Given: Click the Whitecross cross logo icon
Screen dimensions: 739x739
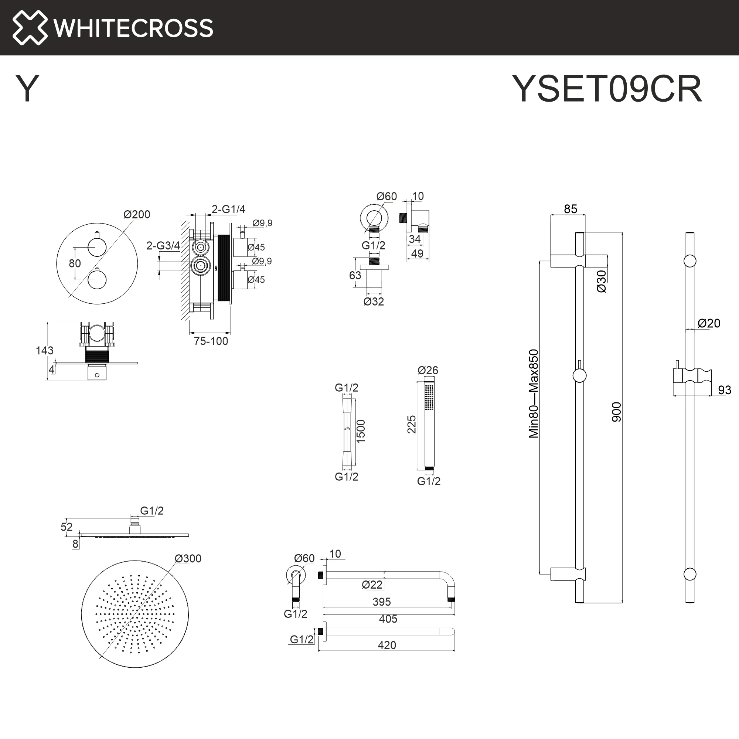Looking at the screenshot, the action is tap(30, 28).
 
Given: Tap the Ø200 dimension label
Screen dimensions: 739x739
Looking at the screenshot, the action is tap(137, 215).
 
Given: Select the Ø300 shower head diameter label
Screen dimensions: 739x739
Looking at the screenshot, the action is tap(188, 558).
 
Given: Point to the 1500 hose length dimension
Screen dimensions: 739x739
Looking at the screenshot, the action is tap(361, 432).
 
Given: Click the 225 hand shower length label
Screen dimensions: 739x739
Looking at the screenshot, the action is tap(411, 425).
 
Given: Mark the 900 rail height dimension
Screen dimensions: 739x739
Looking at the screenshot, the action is tap(617, 412).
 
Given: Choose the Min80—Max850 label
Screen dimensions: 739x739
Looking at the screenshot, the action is tap(534, 394).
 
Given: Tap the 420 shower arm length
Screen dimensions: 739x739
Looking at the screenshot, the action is tap(387, 645).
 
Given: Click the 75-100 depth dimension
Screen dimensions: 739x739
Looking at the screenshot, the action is tap(211, 341).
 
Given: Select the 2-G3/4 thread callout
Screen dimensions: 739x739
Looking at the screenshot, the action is tap(163, 246).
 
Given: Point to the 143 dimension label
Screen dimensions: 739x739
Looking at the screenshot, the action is tap(44, 350).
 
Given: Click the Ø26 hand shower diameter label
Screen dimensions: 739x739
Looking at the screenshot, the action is tap(428, 370).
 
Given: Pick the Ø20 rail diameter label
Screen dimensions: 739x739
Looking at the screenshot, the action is tap(709, 323).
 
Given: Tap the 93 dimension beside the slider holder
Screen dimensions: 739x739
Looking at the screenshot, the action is tap(725, 390).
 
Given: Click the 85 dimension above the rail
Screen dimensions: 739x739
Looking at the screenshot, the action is tap(570, 209).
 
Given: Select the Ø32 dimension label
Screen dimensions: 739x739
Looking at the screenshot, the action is tap(374, 302).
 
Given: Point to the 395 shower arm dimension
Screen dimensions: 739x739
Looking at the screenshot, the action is tap(382, 602).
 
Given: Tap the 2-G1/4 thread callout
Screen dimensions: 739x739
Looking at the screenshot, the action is tap(228, 209).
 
